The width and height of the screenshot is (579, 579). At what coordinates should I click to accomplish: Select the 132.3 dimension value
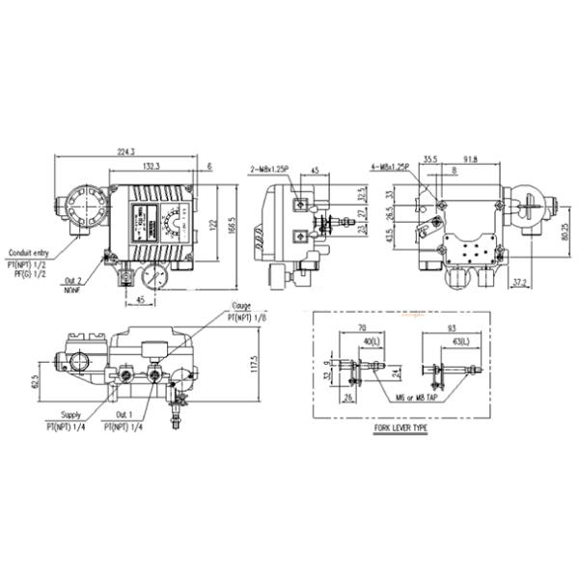(151, 165)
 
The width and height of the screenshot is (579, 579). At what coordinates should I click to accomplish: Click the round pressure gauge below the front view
(151, 279)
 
